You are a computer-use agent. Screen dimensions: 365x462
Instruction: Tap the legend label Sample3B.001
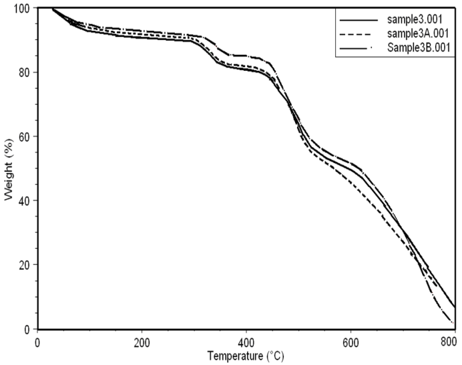[x=419, y=47]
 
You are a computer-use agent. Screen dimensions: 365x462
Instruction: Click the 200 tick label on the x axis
[x=142, y=341]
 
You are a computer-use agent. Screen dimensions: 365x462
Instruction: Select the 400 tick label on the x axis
[x=246, y=341]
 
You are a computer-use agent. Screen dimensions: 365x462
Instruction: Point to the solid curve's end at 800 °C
[x=454, y=308]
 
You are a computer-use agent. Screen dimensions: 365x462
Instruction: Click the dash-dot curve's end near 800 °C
[x=453, y=324]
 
